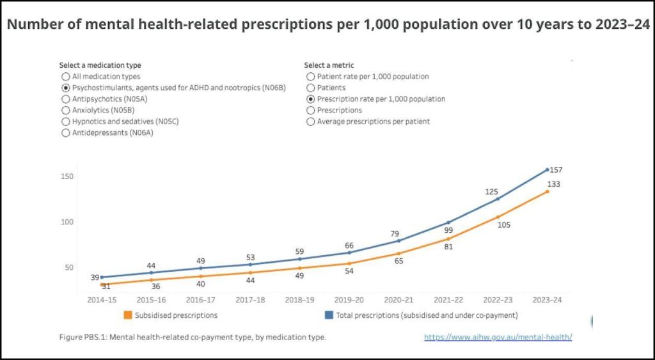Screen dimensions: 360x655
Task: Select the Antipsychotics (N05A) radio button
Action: tap(65, 99)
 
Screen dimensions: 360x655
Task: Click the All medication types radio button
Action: tap(65, 76)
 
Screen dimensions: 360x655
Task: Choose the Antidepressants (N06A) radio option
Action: tap(65, 133)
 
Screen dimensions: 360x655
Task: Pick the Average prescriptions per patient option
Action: tap(311, 121)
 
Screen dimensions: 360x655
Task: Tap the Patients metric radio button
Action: tap(311, 88)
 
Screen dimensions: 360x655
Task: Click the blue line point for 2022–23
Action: tap(498, 199)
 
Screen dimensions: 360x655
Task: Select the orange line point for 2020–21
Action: tap(399, 253)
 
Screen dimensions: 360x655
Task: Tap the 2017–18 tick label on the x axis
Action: tap(250, 299)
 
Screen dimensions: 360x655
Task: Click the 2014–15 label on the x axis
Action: tap(102, 299)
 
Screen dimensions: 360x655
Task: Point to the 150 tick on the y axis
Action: tap(67, 176)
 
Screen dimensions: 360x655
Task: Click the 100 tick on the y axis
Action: tap(67, 222)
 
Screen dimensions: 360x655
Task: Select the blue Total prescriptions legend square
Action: tap(329, 315)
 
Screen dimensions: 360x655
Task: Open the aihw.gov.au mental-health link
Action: tap(498, 337)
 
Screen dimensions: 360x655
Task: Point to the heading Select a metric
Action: tap(329, 65)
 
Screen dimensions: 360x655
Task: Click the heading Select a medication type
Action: tap(100, 65)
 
